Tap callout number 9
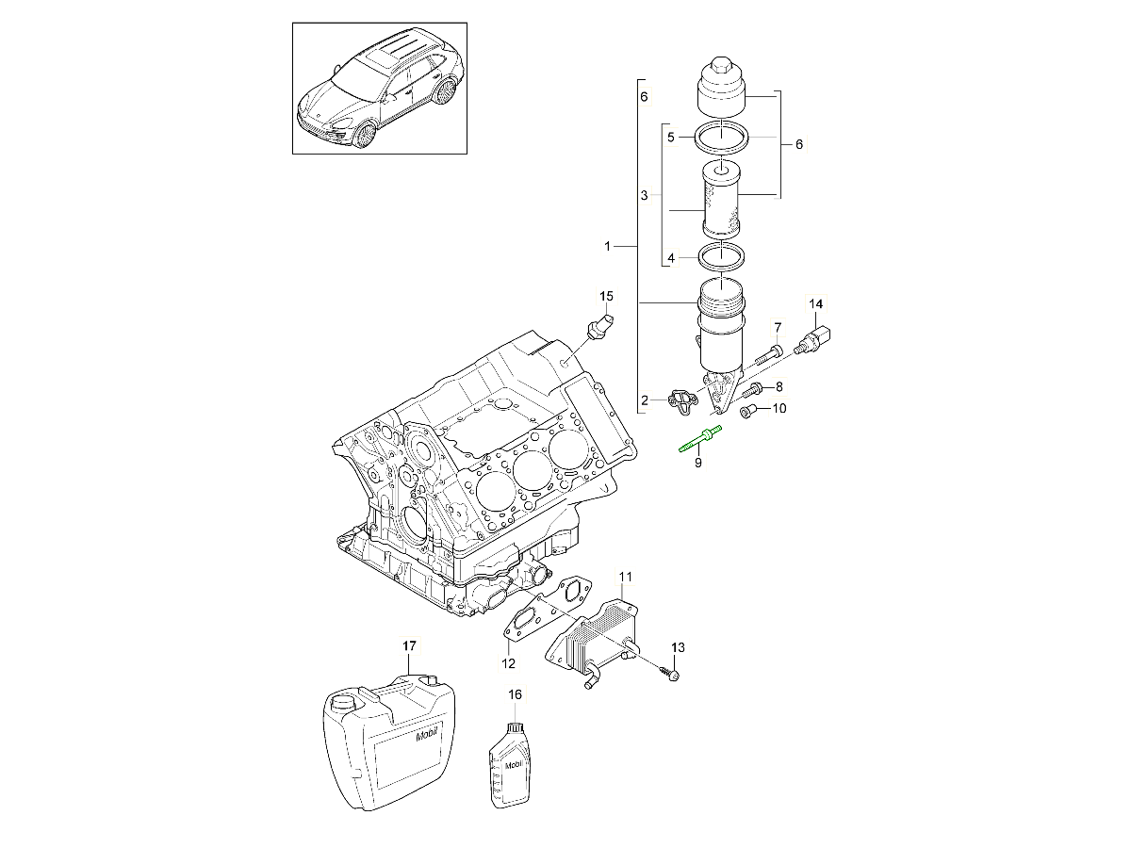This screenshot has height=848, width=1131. tap(698, 464)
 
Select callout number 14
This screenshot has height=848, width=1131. tap(816, 303)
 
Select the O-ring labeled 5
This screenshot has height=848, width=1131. tap(721, 138)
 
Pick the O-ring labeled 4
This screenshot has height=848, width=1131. tap(721, 256)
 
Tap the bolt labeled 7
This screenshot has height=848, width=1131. tap(767, 355)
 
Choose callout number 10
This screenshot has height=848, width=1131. tap(779, 409)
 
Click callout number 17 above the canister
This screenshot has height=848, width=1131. tap(409, 645)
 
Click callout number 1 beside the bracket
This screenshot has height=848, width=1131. tap(608, 247)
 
